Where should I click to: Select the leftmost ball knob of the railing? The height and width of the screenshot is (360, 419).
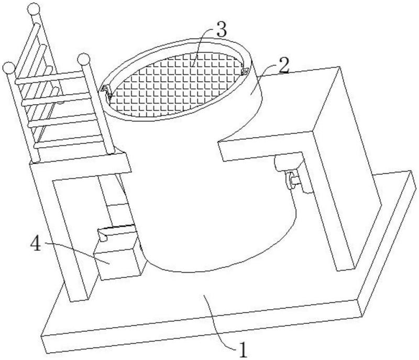pos(8,67)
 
